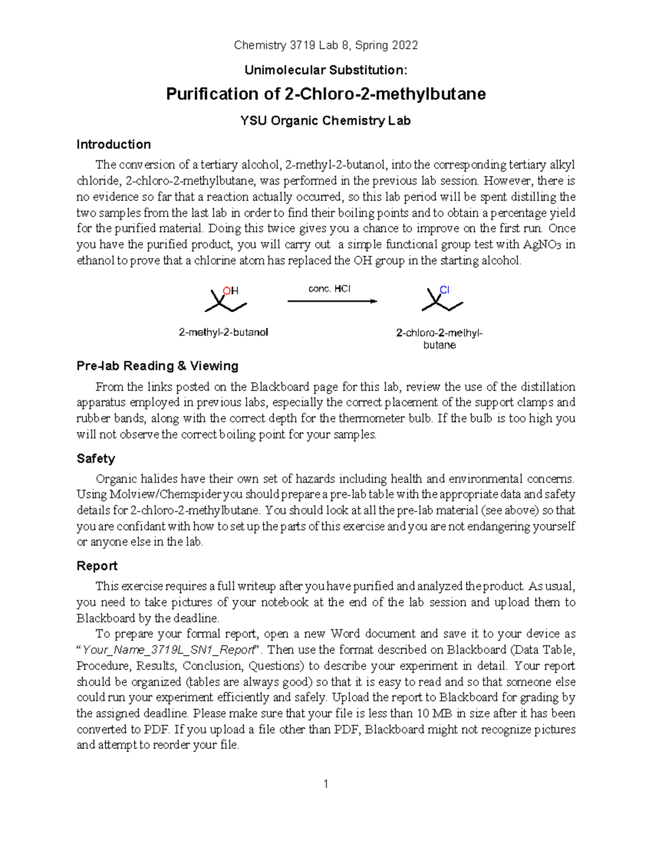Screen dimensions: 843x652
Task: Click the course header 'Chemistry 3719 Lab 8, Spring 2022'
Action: pyautogui.click(x=325, y=46)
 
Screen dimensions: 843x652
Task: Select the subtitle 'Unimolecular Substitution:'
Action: pyautogui.click(x=325, y=70)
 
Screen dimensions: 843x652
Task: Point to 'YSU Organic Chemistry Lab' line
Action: pyautogui.click(x=325, y=121)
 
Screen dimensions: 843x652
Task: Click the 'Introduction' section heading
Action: pyautogui.click(x=114, y=144)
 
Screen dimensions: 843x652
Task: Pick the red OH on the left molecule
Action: pyautogui.click(x=231, y=290)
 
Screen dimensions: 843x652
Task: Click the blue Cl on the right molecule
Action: pyautogui.click(x=444, y=290)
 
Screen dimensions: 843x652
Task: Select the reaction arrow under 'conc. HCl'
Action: pyautogui.click(x=332, y=301)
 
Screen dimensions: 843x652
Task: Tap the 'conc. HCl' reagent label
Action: pyautogui.click(x=329, y=289)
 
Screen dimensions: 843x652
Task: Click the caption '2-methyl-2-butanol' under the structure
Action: pyautogui.click(x=223, y=332)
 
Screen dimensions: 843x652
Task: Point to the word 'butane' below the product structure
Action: pyautogui.click(x=440, y=345)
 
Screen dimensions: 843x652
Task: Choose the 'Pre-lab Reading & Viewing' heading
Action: pyautogui.click(x=158, y=366)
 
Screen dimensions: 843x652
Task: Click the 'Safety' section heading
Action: pyautogui.click(x=96, y=459)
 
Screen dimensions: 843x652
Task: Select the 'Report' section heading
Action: pyautogui.click(x=97, y=566)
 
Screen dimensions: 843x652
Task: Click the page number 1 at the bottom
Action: pyautogui.click(x=326, y=784)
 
